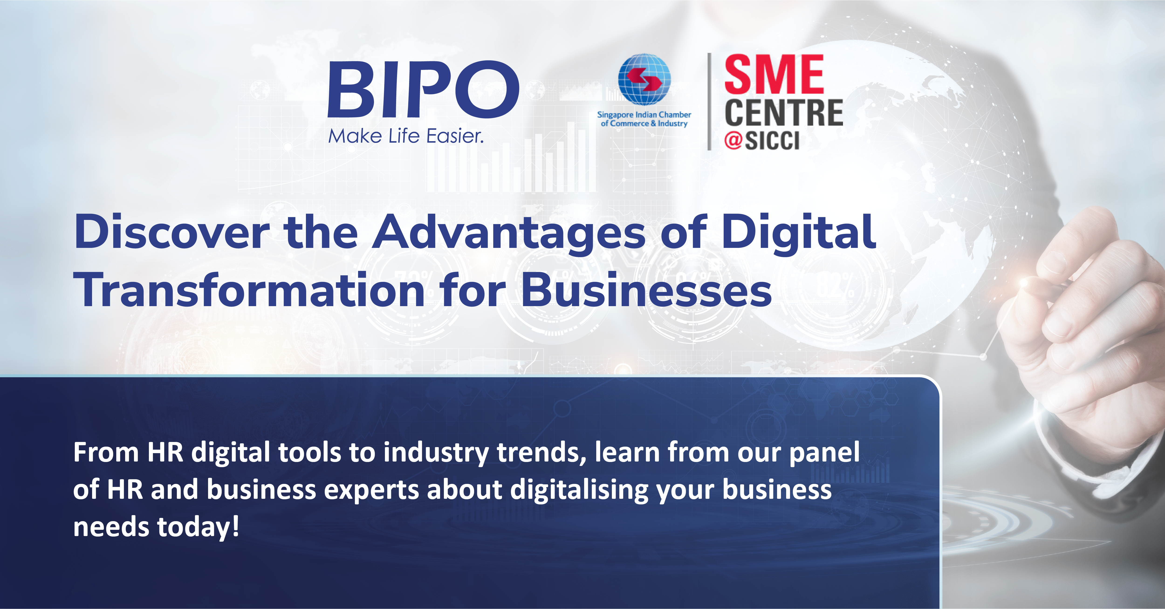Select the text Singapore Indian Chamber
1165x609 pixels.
pos(644,115)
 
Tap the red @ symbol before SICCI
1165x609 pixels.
pos(733,141)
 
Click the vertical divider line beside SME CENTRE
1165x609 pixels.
pos(709,102)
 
